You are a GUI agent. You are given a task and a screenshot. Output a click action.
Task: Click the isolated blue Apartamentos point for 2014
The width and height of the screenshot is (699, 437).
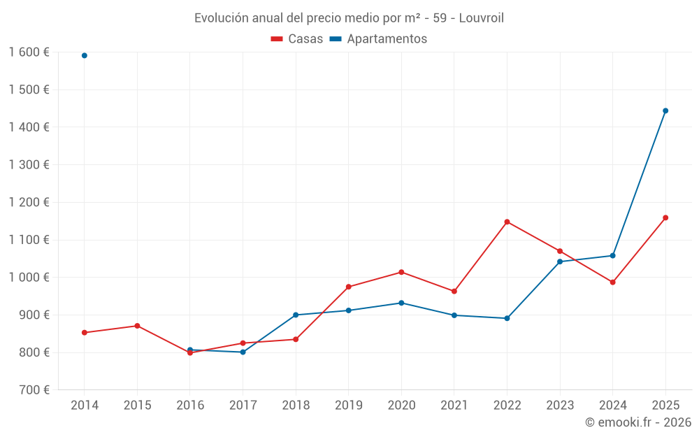[85, 55]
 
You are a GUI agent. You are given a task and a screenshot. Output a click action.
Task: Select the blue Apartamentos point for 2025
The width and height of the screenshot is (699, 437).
[665, 110]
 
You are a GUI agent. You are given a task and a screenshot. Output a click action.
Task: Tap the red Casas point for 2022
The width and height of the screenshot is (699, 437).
[507, 222]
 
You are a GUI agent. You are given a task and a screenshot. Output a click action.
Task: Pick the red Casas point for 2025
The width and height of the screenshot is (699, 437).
[665, 217]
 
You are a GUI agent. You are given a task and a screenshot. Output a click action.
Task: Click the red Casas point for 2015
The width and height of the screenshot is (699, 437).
[137, 326]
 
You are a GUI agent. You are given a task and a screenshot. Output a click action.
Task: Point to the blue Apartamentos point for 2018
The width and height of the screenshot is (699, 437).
[296, 315]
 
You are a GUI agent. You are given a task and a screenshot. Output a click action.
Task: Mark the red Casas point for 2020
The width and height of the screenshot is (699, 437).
[401, 272]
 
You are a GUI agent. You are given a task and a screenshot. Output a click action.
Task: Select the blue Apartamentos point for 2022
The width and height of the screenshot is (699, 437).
[507, 318]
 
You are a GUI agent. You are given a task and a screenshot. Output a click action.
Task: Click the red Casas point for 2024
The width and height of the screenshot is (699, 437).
[612, 282]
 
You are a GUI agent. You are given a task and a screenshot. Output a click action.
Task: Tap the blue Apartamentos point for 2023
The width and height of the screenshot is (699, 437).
[560, 262]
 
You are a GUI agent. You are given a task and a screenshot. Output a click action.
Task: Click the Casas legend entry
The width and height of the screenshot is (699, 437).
[297, 39]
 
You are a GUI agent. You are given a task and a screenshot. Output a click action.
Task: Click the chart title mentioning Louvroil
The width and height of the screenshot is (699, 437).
[349, 18]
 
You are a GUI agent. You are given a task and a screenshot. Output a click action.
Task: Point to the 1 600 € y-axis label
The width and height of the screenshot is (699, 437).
[29, 52]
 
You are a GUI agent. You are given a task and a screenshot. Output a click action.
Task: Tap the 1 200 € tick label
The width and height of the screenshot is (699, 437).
[29, 203]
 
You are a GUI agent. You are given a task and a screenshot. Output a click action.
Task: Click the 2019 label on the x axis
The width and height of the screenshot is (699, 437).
[348, 406]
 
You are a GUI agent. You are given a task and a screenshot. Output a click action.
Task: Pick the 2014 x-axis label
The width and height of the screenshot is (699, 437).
[85, 406]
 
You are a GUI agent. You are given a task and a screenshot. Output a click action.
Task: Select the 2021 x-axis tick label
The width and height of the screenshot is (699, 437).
[454, 406]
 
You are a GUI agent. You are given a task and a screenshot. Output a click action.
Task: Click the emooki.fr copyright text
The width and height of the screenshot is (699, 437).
[638, 422]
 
